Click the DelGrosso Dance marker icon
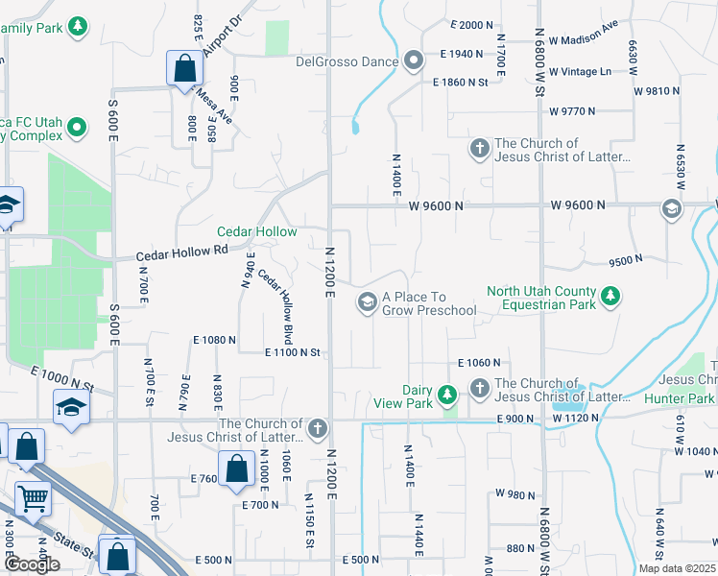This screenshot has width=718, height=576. click(415, 61)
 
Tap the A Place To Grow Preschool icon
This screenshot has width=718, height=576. click(367, 302)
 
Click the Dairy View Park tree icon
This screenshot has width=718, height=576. click(446, 395)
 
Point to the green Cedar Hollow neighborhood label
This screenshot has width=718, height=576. click(256, 232)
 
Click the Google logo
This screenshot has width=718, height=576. click(32, 564)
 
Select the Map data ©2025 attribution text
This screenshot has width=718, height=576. click(677, 568)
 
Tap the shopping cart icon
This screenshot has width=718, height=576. click(34, 499)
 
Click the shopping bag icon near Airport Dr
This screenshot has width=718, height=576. click(183, 68)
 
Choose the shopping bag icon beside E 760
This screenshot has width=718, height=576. click(236, 468)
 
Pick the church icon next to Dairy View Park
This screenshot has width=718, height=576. click(479, 388)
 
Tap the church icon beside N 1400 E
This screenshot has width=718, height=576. click(479, 148)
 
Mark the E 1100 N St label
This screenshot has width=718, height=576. click(292, 353)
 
